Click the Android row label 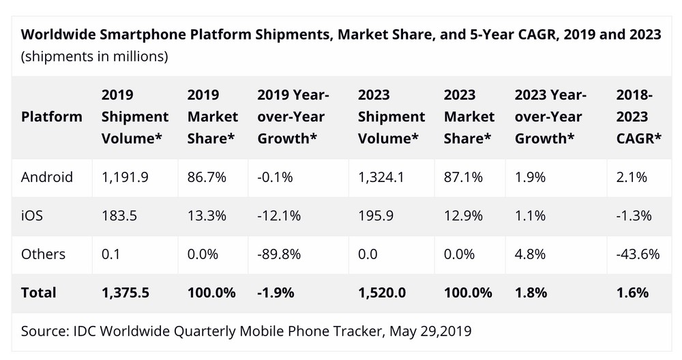click(47, 177)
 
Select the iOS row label click(32, 215)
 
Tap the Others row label click(44, 254)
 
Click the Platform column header click(52, 117)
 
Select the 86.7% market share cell click(203, 177)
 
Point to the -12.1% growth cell click(278, 215)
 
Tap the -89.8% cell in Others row click(279, 254)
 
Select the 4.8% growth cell click(530, 254)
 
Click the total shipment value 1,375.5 click(126, 292)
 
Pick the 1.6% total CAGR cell click(632, 292)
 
